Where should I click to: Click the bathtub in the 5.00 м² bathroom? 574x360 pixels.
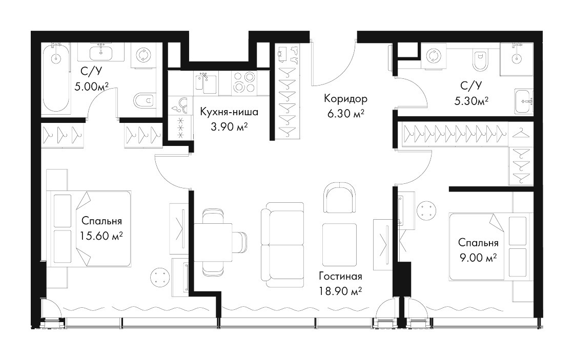(x=56, y=78)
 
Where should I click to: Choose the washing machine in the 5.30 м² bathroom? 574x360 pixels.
(x=434, y=56)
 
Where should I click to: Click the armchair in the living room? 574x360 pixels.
(x=340, y=198)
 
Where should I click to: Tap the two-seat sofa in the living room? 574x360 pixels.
(x=282, y=245)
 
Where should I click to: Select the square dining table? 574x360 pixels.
(x=213, y=242)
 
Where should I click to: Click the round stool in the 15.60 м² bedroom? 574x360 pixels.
(x=161, y=277)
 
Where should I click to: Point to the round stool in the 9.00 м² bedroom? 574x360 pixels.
(x=427, y=211)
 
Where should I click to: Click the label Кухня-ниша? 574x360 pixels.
(x=229, y=112)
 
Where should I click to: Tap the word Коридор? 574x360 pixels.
(x=345, y=98)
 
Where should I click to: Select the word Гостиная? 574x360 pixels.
(x=340, y=276)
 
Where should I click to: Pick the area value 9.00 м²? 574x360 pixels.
(x=478, y=258)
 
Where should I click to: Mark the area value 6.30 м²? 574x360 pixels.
(x=345, y=114)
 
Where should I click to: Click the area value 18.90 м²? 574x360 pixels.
(x=340, y=291)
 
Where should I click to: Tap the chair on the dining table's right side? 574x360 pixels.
(x=240, y=242)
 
